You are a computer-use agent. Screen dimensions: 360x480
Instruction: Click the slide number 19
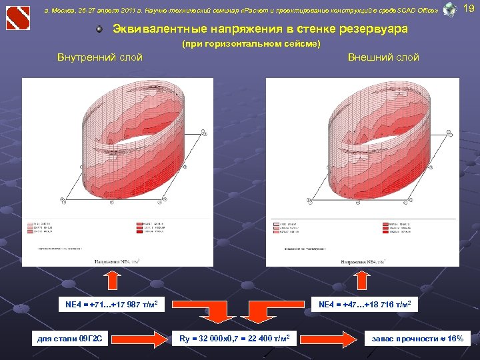pyautogui.click(x=469, y=9)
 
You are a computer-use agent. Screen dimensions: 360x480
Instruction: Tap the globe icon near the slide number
pyautogui.click(x=450, y=9)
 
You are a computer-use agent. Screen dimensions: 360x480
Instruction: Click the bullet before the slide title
pyautogui.click(x=99, y=30)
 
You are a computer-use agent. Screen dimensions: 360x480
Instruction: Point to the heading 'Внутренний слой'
pyautogui.click(x=100, y=57)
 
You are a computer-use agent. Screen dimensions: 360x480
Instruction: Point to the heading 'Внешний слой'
pyautogui.click(x=383, y=57)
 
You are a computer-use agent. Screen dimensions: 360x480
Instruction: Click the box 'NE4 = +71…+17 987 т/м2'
pyautogui.click(x=111, y=305)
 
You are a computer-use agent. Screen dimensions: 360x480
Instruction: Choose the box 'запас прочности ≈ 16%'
pyautogui.click(x=418, y=339)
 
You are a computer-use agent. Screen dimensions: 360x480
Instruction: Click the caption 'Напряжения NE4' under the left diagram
pyautogui.click(x=117, y=260)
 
